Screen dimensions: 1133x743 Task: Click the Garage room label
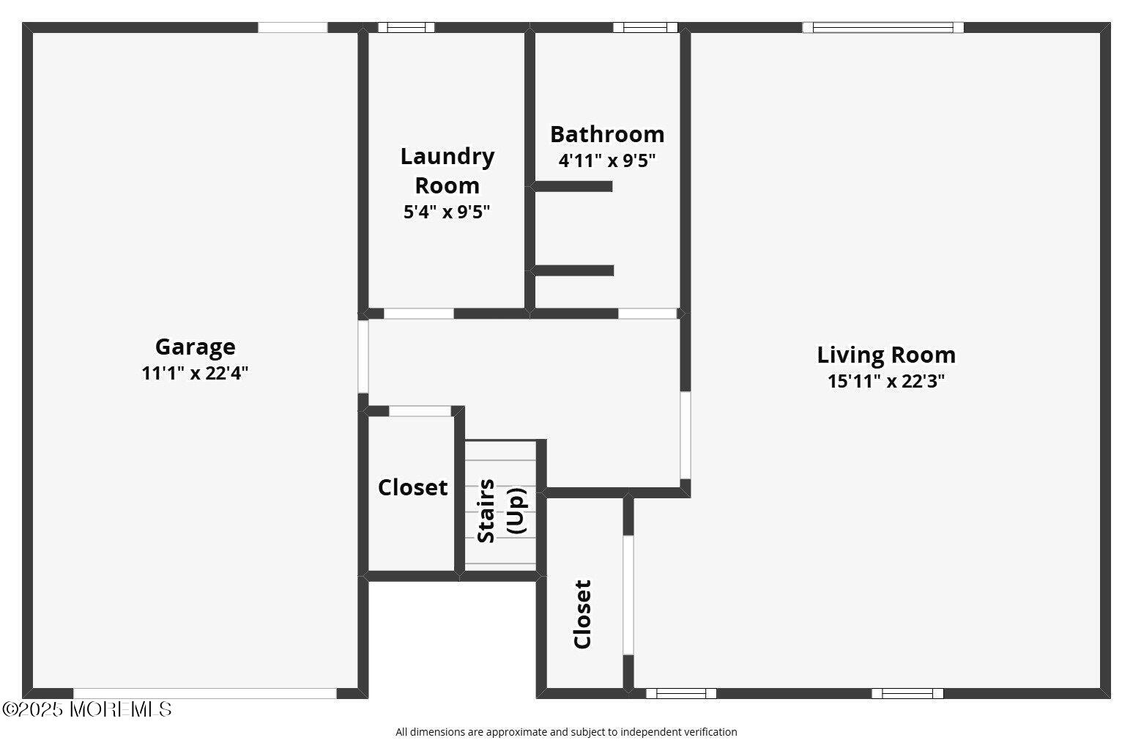[196, 347]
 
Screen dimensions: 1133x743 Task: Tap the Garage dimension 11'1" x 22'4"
[196, 374]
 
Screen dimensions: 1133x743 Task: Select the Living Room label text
[886, 355]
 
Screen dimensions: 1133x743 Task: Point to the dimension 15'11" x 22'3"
[886, 381]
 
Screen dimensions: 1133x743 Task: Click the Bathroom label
[607, 134]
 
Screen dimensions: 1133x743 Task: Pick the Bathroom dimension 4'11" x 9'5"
[607, 161]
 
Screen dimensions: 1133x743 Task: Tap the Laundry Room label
[447, 171]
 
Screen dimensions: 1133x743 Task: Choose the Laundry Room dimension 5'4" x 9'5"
[447, 212]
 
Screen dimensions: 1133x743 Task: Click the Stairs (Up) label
[501, 511]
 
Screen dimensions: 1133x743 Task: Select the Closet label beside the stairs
[413, 487]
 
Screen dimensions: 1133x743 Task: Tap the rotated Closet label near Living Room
[582, 614]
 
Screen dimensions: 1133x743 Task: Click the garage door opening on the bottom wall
[205, 693]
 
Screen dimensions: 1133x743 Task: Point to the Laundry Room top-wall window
[406, 27]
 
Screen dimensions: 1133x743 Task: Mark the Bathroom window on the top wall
[645, 27]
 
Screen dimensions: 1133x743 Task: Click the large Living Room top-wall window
[883, 27]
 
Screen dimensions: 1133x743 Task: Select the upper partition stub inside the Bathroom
[573, 186]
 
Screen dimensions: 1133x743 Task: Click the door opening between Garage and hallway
[363, 356]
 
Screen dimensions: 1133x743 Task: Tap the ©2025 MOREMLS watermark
[86, 709]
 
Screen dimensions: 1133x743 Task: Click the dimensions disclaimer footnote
[566, 732]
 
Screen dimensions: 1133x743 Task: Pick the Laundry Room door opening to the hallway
[419, 314]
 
